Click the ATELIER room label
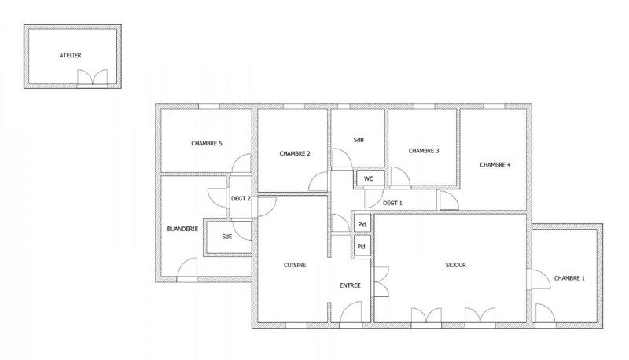[70, 56]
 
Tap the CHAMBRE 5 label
[207, 144]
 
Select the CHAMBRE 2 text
[295, 153]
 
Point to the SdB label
[359, 141]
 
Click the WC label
[368, 179]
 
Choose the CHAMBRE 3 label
[423, 150]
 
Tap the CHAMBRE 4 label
[495, 164]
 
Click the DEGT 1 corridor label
[392, 204]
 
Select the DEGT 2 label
[240, 199]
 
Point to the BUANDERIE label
[182, 229]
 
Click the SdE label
[226, 236]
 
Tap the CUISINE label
[295, 266]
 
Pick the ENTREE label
[350, 285]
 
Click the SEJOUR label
[456, 266]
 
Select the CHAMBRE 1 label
[569, 278]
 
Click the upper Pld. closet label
[362, 224]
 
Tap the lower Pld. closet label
[362, 247]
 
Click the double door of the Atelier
[92, 78]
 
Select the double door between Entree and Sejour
[382, 282]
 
